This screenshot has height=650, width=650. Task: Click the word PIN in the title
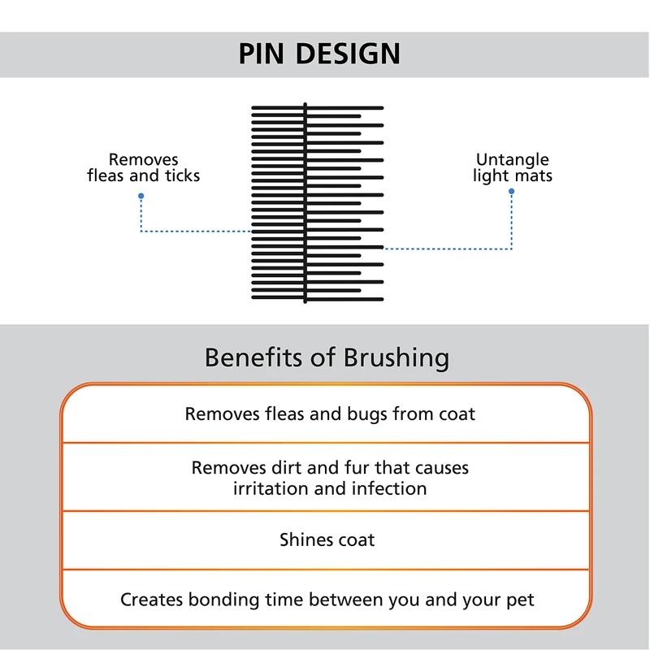[262, 54]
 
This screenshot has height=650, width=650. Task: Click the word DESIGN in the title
[348, 54]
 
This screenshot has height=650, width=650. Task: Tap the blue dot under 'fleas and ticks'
[141, 197]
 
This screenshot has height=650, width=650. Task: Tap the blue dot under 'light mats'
[511, 192]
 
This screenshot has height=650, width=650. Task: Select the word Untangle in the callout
[512, 159]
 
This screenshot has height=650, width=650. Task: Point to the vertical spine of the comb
[305, 203]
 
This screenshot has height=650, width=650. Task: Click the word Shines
[306, 539]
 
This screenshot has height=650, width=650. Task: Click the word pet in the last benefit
[521, 600]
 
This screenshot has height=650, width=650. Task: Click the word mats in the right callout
[533, 175]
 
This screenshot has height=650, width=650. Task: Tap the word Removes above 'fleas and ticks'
[143, 159]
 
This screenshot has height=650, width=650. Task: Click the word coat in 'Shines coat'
[357, 539]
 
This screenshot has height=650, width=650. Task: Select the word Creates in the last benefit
[152, 600]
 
